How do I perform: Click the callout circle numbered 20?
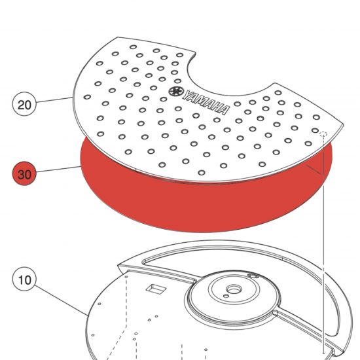tap(24, 104)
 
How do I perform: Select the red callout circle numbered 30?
tap(24, 173)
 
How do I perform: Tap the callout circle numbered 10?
tap(24, 279)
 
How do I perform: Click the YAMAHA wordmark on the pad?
tap(206, 103)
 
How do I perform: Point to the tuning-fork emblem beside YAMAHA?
tap(176, 92)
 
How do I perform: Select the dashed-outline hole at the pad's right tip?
tap(323, 134)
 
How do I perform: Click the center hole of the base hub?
tap(234, 289)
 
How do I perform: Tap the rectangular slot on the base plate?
tap(156, 289)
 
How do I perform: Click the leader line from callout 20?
tap(54, 100)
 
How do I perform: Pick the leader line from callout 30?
tap(58, 170)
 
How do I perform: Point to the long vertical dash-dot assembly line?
tap(323, 243)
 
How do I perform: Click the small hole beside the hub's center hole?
tap(226, 296)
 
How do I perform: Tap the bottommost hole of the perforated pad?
tap(202, 172)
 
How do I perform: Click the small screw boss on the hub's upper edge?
tap(253, 276)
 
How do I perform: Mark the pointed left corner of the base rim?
tap(118, 266)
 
